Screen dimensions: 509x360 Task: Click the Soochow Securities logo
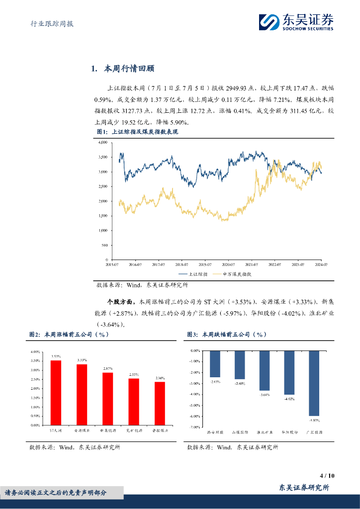pyautogui.click(x=296, y=21)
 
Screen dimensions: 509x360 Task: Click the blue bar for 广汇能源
pyautogui.click(x=314, y=383)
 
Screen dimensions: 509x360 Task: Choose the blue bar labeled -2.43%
pyautogui.click(x=215, y=364)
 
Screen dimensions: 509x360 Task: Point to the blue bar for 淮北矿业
pyautogui.click(x=265, y=370)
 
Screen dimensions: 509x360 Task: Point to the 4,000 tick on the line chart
pyautogui.click(x=103, y=143)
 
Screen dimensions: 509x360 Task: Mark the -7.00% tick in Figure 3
pyautogui.click(x=193, y=427)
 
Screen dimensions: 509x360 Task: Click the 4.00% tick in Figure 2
pyautogui.click(x=35, y=352)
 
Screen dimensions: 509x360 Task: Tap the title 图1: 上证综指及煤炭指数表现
pyautogui.click(x=137, y=132)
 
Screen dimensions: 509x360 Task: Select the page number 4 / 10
pyautogui.click(x=328, y=475)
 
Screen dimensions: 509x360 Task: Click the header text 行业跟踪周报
pyautogui.click(x=49, y=23)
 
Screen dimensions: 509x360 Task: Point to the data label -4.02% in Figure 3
pyautogui.click(x=289, y=398)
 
